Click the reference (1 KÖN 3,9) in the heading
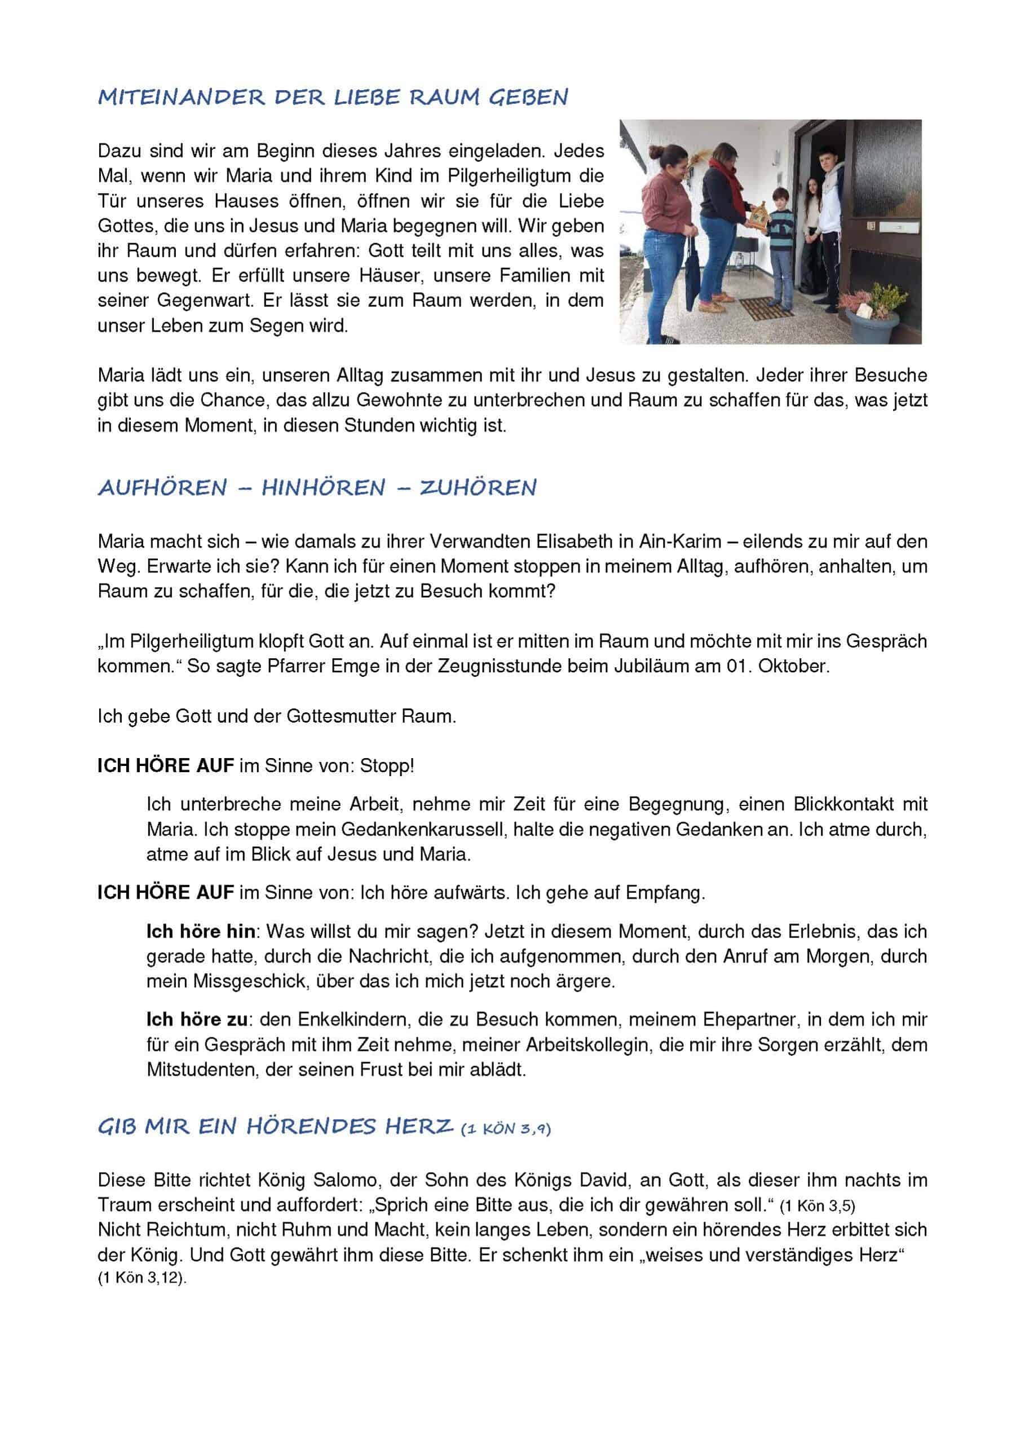(506, 1129)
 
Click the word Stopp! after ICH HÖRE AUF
(387, 766)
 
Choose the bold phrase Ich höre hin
(201, 931)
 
